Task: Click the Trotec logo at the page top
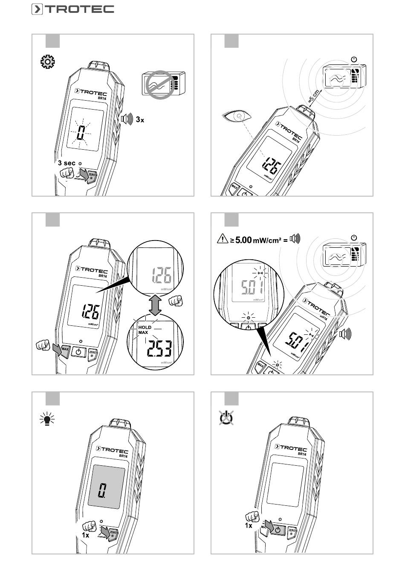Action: pyautogui.click(x=72, y=9)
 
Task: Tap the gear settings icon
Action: pyautogui.click(x=47, y=63)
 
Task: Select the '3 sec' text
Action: pyautogui.click(x=67, y=163)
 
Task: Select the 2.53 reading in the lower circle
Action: pyautogui.click(x=159, y=350)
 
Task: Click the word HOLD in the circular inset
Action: pyautogui.click(x=145, y=328)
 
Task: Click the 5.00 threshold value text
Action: pyautogui.click(x=243, y=240)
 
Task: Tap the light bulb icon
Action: pyautogui.click(x=47, y=420)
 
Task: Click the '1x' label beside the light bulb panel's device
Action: pyautogui.click(x=86, y=535)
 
